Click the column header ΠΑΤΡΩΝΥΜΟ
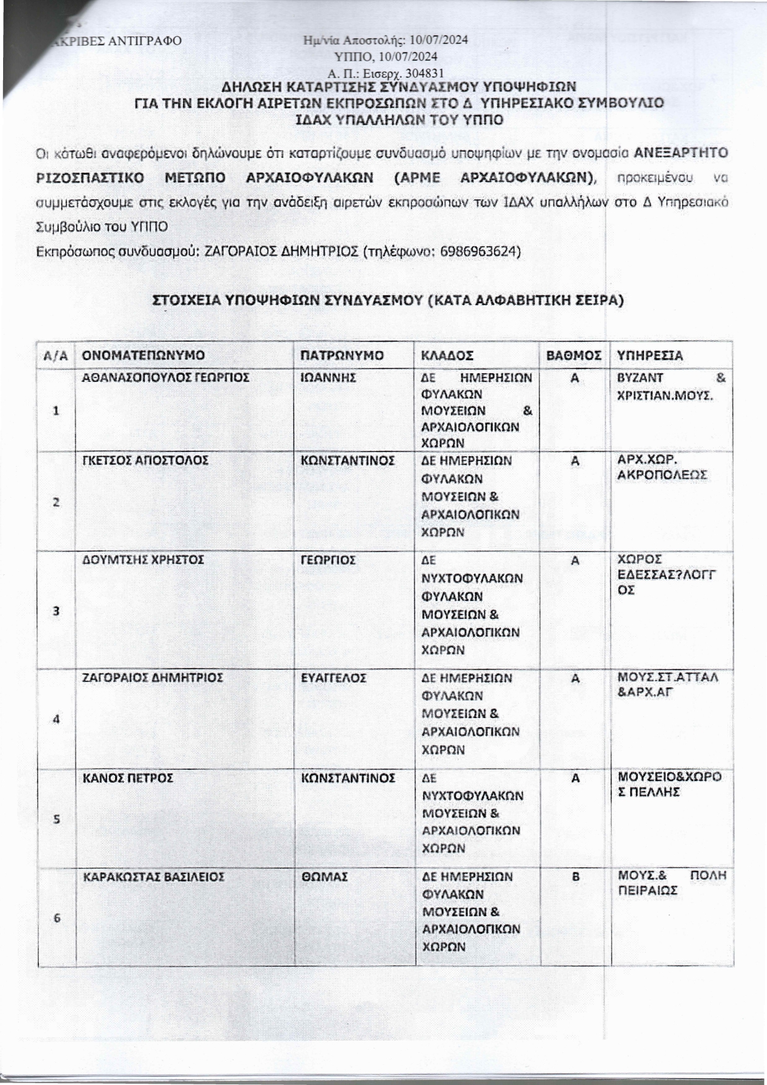(341, 355)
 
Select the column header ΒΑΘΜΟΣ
(574, 355)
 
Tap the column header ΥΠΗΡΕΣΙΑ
(650, 355)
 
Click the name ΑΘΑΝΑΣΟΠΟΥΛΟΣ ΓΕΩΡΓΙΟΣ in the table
(166, 377)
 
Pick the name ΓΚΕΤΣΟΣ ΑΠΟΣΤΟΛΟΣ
(145, 460)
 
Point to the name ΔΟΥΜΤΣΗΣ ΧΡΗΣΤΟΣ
(144, 560)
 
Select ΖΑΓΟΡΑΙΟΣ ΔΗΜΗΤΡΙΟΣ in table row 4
(153, 678)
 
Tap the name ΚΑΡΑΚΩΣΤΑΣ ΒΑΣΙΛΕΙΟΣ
(153, 876)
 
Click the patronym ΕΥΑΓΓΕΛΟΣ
(333, 678)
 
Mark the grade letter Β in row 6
(575, 876)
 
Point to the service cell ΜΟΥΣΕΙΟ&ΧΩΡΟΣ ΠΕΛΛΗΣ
(669, 784)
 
